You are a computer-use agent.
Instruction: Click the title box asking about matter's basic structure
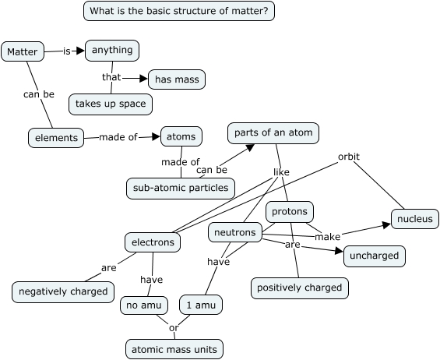179,11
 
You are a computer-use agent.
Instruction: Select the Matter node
21,52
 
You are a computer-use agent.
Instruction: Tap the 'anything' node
112,51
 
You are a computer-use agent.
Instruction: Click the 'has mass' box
177,79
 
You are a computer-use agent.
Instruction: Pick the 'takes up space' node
110,104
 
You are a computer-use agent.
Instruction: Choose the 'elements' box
57,138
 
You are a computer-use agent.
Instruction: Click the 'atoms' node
181,136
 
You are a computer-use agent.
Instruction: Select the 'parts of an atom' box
273,133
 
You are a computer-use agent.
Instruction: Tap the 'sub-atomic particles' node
181,188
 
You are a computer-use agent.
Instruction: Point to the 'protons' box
290,211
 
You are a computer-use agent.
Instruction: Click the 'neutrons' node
234,232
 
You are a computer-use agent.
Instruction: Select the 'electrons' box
153,242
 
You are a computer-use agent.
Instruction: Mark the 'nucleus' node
414,219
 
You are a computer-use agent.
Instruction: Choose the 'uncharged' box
375,256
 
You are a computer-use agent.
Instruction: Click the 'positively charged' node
300,288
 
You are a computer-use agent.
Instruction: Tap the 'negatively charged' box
63,292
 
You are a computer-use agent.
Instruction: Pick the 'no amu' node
144,305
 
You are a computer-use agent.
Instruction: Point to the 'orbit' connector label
348,157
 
